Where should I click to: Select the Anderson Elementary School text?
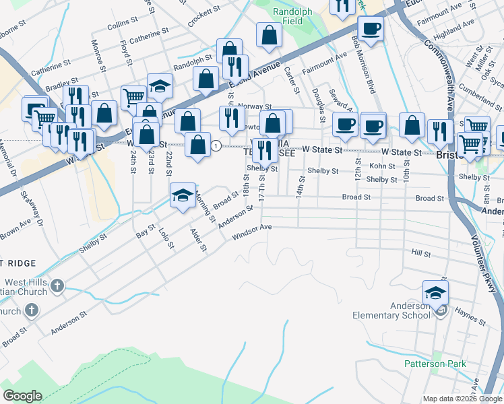coord(391,310)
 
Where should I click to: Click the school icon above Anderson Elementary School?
coord(435,293)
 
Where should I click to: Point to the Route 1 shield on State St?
coord(215,145)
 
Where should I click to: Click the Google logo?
coord(22,396)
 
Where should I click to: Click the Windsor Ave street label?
coord(252,232)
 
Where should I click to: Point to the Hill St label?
coord(420,253)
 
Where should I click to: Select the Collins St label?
coord(122,23)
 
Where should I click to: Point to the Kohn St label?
coord(381,166)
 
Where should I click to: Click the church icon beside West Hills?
coord(57,286)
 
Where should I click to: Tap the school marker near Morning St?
coord(183,195)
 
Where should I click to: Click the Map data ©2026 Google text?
coord(462,398)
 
